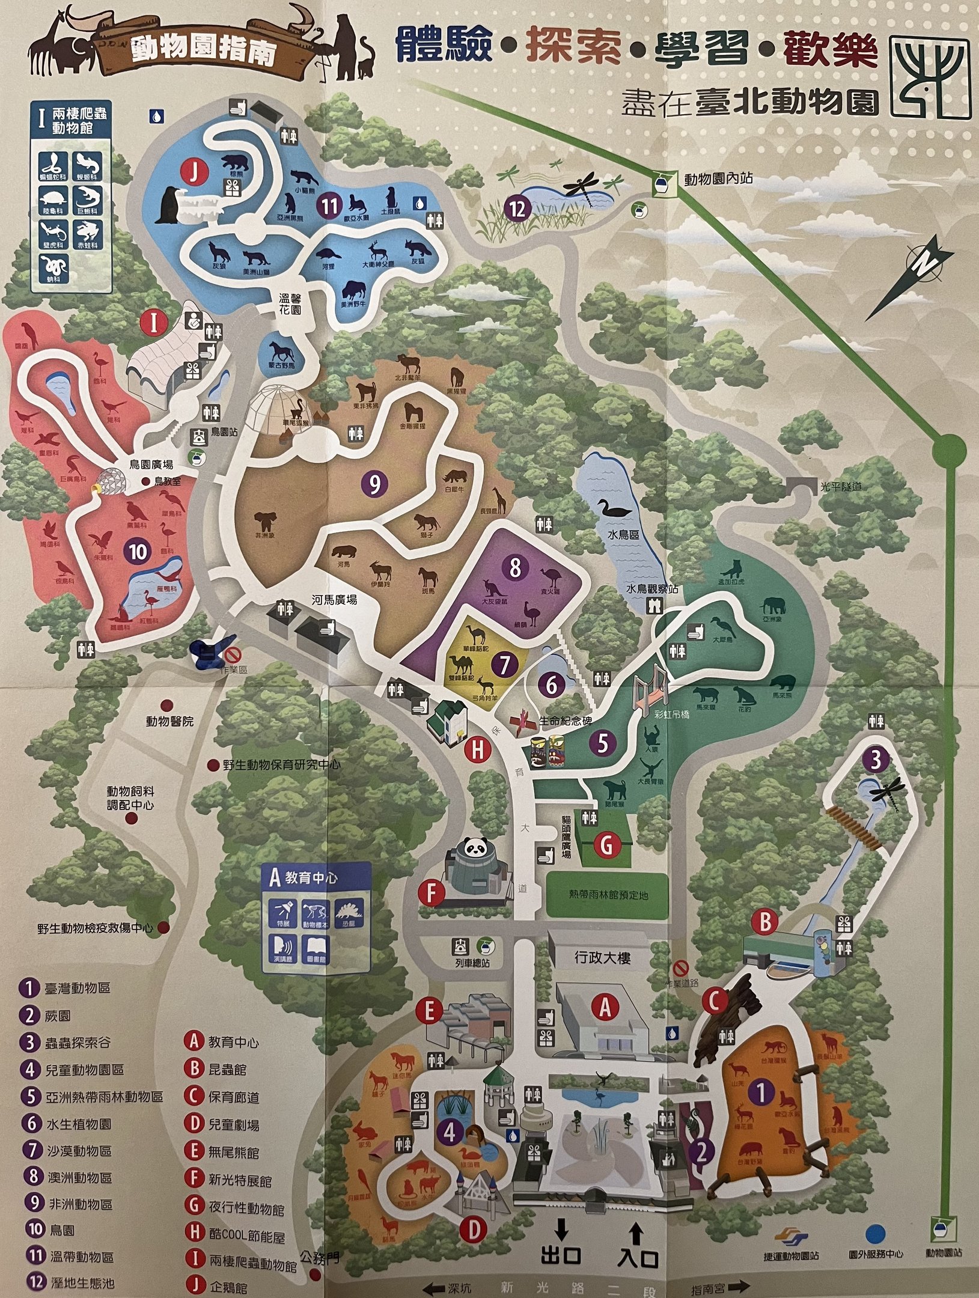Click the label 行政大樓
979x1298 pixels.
[602, 957]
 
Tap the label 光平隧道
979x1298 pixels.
[841, 486]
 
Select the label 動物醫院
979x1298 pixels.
[169, 721]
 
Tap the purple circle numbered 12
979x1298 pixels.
[517, 209]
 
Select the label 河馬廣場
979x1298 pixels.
[334, 600]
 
